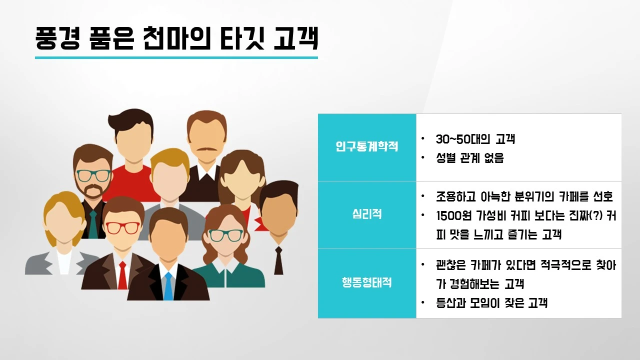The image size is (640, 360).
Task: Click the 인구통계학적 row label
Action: coord(367,147)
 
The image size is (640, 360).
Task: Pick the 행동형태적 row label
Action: coord(367,282)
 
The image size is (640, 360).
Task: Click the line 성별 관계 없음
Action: coord(470,158)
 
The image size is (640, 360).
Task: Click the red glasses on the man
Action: coord(123,227)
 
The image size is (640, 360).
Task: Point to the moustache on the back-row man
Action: coord(203,149)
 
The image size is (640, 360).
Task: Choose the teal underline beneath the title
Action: coord(176,57)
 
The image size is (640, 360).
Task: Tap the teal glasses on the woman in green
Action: coord(225,235)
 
